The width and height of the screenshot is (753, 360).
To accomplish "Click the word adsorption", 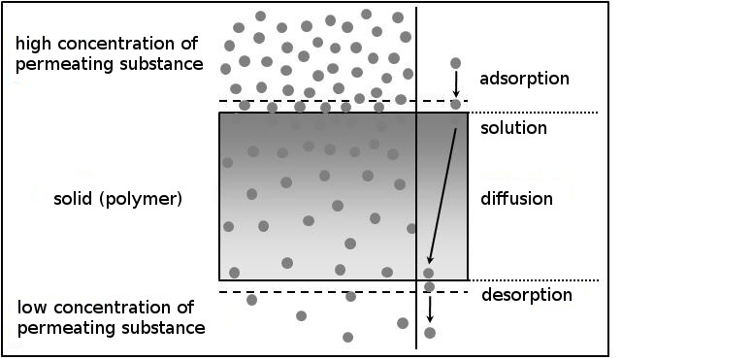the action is (524, 79).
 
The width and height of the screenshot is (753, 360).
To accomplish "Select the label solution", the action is (513, 128).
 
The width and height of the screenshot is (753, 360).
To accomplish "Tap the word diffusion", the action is (517, 199).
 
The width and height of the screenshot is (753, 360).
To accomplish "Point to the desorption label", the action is (527, 295).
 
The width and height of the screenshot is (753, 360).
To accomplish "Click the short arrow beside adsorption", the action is (456, 84).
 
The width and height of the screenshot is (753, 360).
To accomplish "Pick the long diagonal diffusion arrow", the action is (442, 196).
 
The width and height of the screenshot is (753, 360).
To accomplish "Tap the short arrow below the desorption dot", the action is (430, 310).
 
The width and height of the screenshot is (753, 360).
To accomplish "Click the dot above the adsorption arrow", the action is (456, 63).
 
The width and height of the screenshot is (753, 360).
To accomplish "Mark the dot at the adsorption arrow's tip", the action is (456, 104).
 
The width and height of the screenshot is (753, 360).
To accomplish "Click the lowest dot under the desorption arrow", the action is (430, 333).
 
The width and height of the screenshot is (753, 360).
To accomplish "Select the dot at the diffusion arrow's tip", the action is (428, 273).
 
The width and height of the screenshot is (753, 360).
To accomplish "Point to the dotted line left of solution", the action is (533, 113).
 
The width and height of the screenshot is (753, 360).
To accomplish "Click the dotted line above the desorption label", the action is (534, 279).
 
